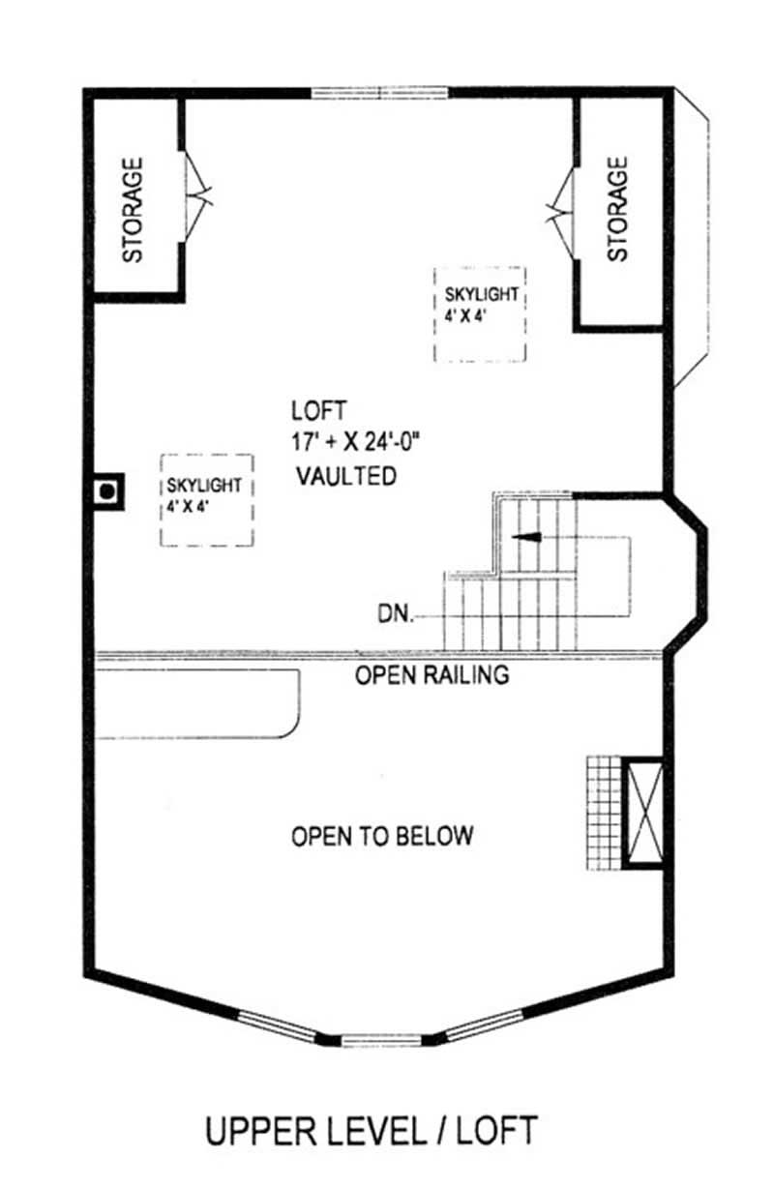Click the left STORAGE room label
tap(133, 210)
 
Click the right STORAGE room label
tap(617, 210)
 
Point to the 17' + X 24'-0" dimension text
tap(356, 441)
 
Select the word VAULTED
tap(345, 475)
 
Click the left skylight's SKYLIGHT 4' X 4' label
tap(205, 494)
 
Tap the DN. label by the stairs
tap(398, 613)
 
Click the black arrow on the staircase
tap(526, 537)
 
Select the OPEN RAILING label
tap(432, 675)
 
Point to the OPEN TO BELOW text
tap(383, 835)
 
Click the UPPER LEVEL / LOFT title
tap(371, 1130)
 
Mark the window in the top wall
tap(380, 94)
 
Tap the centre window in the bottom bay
tap(381, 1041)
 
